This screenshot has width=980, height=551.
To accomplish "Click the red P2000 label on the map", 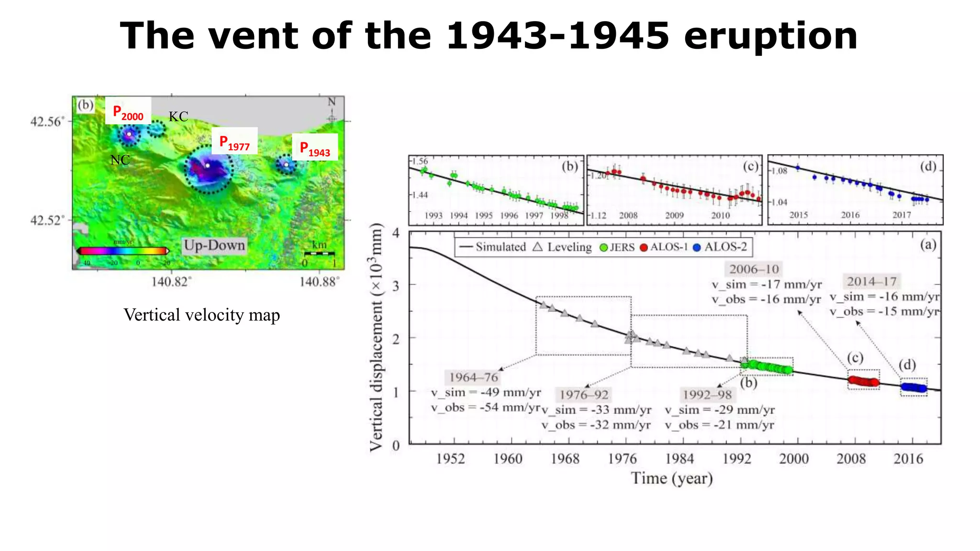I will click(128, 113).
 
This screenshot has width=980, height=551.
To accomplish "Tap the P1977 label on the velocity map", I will click(234, 142).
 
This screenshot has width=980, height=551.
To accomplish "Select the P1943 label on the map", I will click(315, 149).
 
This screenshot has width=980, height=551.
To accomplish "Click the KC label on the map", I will click(178, 117).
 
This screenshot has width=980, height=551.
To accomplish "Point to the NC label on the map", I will click(120, 160).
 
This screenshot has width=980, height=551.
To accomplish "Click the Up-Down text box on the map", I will click(214, 245).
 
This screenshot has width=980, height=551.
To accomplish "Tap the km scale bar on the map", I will click(319, 253).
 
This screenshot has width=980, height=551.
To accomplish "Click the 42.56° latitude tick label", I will click(46, 121).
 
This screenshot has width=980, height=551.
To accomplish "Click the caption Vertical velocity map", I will click(201, 315).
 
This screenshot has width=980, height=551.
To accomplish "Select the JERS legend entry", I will click(617, 247).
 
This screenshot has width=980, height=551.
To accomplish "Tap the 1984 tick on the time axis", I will click(679, 459).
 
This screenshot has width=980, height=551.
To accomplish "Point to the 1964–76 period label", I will click(473, 377).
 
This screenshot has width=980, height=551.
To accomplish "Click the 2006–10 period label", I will click(754, 269).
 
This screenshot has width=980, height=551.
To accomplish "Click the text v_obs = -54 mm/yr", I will click(485, 408).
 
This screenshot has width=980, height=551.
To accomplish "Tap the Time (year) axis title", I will click(672, 478).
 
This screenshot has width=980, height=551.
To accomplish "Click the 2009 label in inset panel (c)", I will click(674, 216).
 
